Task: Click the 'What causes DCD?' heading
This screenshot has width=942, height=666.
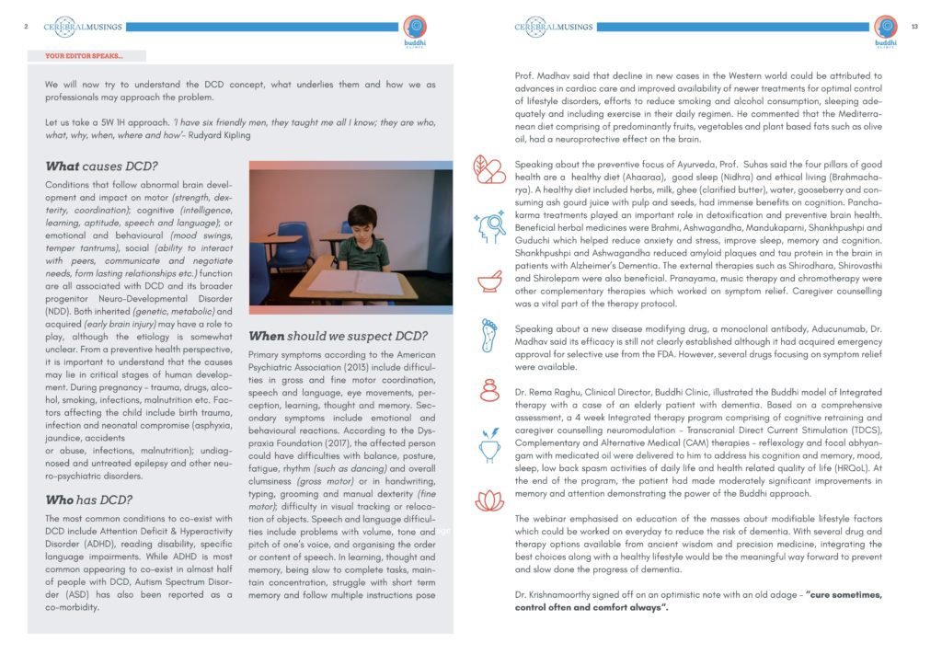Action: coord(101,166)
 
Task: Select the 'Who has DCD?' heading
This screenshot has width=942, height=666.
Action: coord(88,500)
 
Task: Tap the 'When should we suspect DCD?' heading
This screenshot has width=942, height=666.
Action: coord(338,336)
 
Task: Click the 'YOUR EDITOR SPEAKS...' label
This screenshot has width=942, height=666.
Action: coord(83,56)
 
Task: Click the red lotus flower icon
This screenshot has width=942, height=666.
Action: coord(489,500)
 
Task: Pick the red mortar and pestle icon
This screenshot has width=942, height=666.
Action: coord(489,281)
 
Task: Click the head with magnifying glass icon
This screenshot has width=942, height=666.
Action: coord(489,227)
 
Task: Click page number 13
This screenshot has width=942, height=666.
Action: coord(914,27)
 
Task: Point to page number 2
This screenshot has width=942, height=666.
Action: coord(27,27)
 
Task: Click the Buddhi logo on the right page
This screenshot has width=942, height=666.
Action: coord(885,31)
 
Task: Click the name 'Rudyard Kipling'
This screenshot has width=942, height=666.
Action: coord(218,134)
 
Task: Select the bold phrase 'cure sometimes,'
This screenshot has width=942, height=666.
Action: coord(842,594)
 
